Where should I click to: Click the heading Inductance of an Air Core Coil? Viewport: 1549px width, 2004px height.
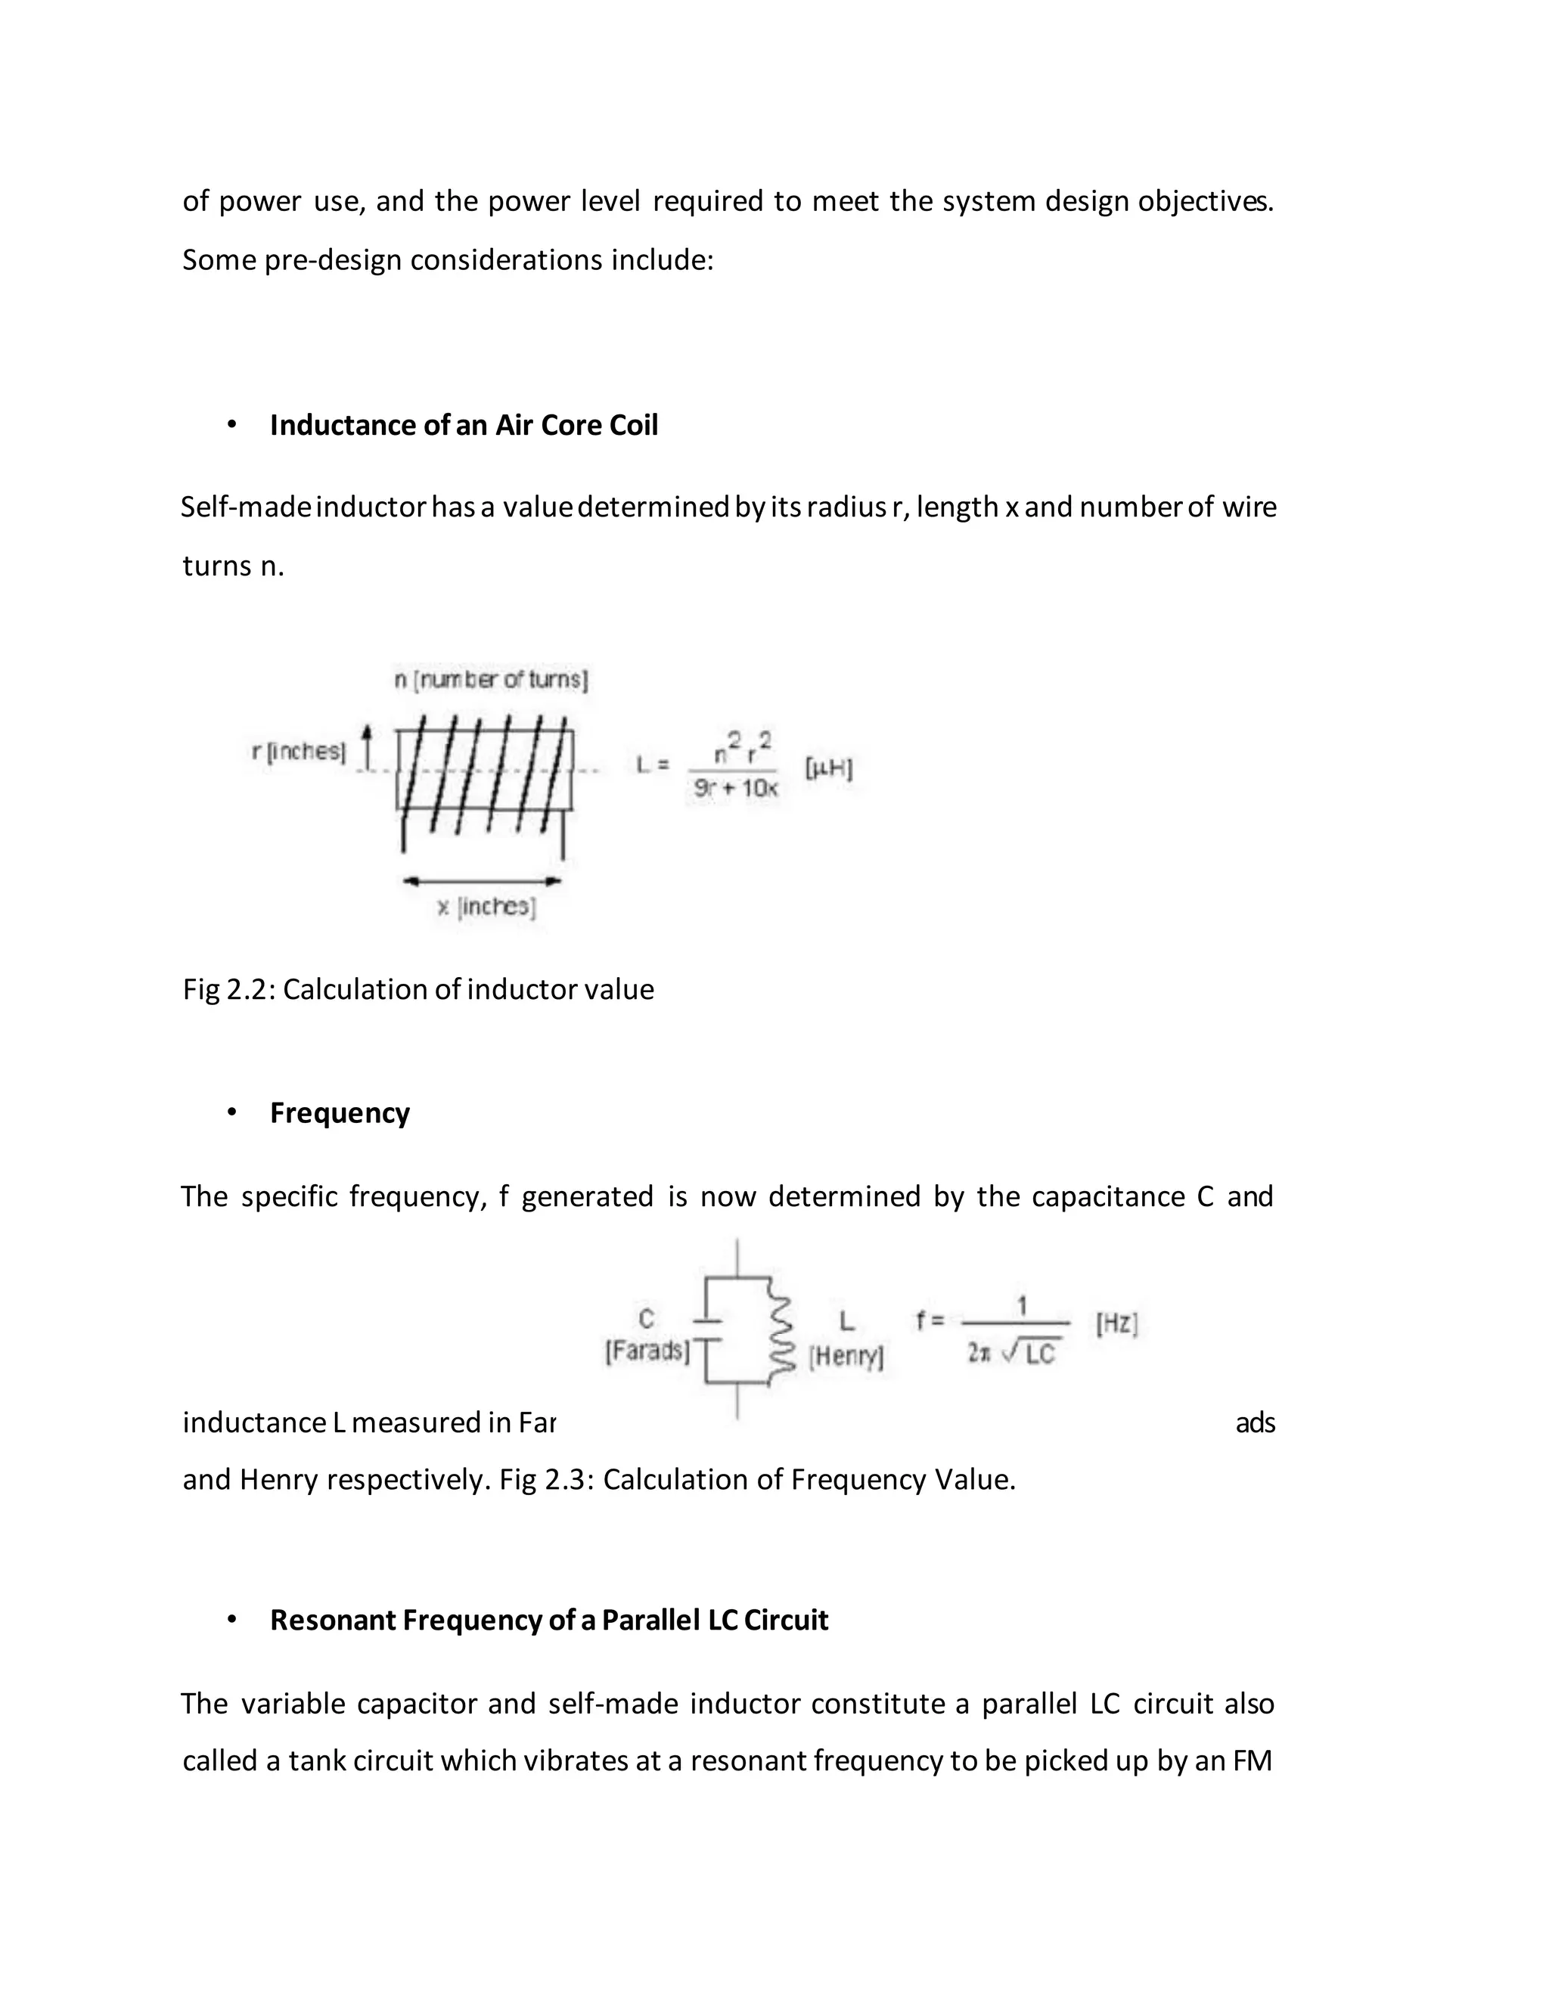(464, 425)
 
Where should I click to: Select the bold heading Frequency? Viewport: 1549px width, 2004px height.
(340, 1112)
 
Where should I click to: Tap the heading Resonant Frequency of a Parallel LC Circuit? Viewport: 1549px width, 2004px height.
(549, 1620)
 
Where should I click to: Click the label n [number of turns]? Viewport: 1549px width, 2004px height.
(491, 680)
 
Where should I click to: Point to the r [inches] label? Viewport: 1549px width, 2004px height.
(298, 752)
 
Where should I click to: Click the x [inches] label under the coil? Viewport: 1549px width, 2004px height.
(486, 907)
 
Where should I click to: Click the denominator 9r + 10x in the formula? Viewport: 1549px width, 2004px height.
(735, 788)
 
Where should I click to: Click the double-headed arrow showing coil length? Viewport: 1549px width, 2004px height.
(482, 881)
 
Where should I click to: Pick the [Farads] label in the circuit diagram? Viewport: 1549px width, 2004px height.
(647, 1351)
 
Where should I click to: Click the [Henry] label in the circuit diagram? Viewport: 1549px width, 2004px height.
(846, 1356)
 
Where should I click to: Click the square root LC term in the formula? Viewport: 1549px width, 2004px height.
(1032, 1354)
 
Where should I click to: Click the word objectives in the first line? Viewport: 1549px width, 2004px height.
(1204, 201)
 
